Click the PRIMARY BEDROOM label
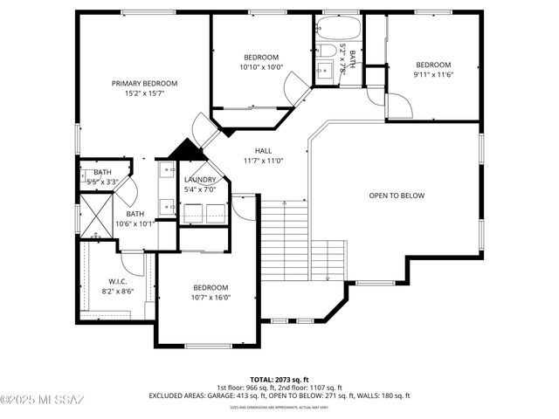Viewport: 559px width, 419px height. tap(144, 84)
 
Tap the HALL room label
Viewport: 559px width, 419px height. tap(263, 150)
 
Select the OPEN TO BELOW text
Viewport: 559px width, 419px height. tap(397, 196)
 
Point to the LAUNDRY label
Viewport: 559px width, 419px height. tap(200, 180)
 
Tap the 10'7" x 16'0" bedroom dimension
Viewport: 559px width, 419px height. tap(210, 298)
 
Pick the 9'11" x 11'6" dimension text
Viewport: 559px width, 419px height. tap(432, 75)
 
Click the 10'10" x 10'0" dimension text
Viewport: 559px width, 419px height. tap(261, 67)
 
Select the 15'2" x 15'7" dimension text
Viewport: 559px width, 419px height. tap(144, 93)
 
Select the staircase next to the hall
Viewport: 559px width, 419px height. tap(286, 239)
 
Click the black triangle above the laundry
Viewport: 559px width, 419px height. tap(185, 150)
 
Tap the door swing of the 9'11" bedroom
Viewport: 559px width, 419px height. tap(398, 106)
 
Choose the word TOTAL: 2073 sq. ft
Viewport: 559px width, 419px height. tap(279, 379)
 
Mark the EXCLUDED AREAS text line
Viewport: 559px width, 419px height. tap(279, 395)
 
